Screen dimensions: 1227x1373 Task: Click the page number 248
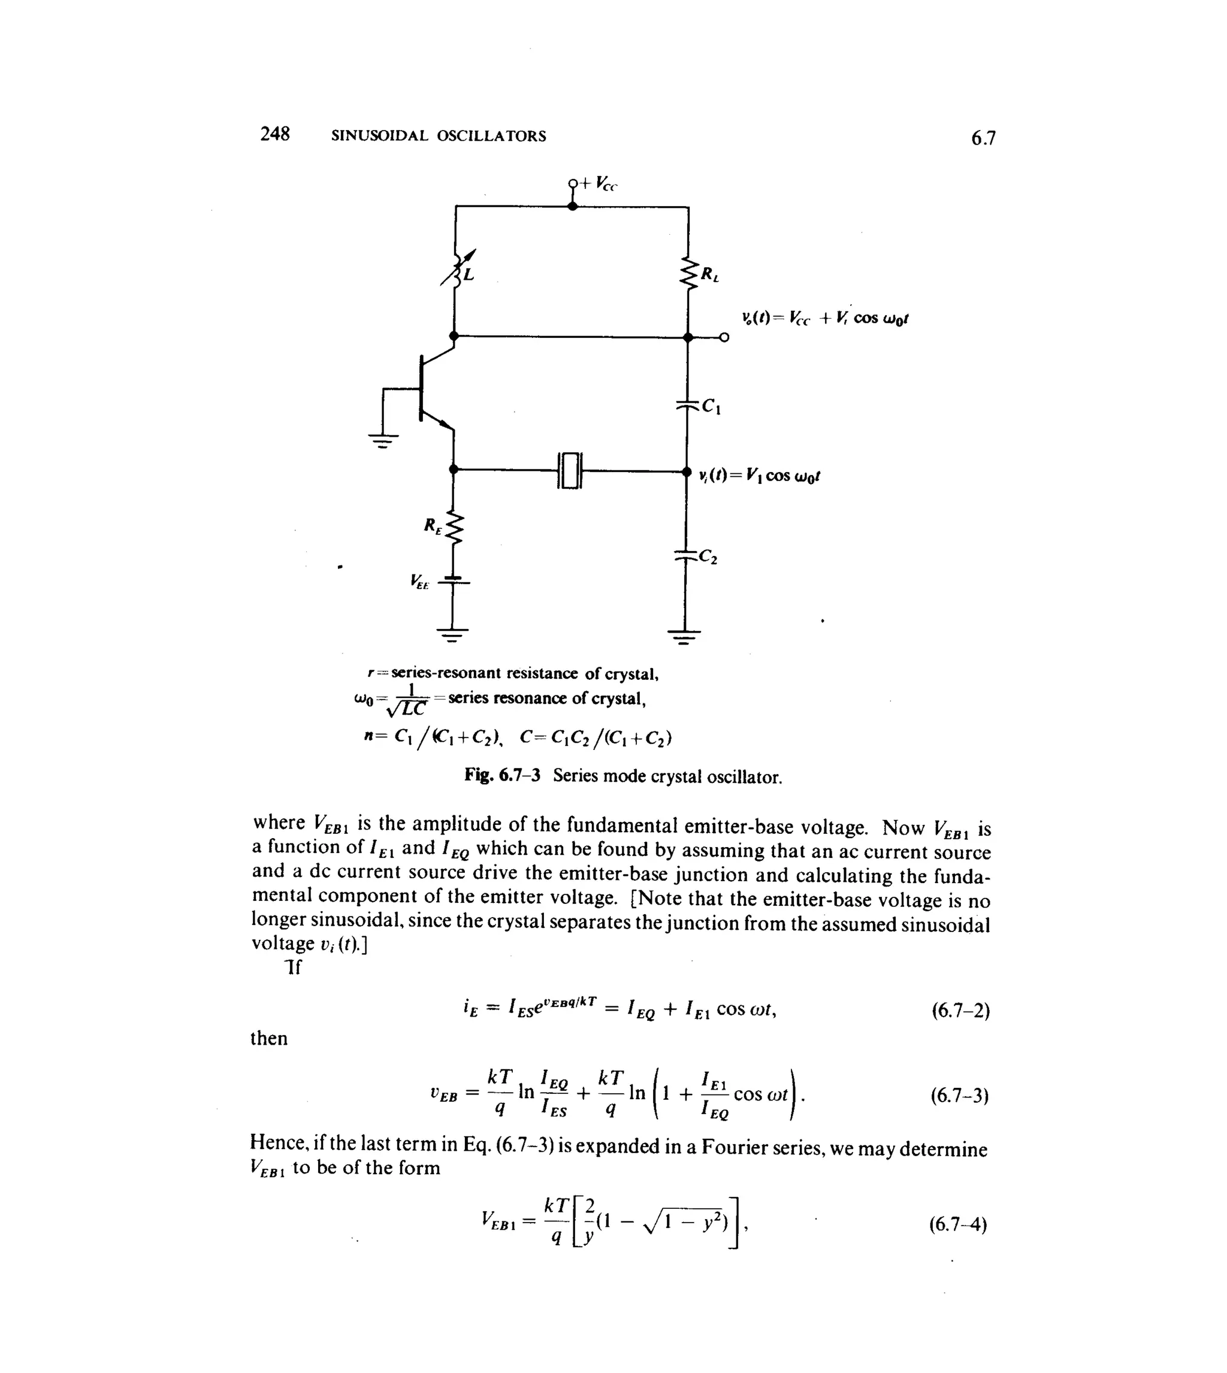coord(275,134)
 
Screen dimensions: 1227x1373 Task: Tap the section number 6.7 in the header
coord(983,138)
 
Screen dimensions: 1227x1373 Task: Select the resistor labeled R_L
coord(689,274)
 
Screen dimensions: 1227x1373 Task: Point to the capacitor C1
coord(688,405)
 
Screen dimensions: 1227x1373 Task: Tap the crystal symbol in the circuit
coord(570,470)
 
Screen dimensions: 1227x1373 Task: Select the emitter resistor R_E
coord(454,528)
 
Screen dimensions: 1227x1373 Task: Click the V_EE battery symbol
coord(453,580)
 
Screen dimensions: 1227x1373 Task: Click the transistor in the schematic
coord(429,389)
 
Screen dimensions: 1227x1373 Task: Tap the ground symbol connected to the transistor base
coord(382,441)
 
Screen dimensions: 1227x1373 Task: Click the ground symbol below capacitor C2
coord(684,635)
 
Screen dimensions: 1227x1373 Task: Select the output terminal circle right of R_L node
coord(724,337)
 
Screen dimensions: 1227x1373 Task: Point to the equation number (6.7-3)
coord(959,1096)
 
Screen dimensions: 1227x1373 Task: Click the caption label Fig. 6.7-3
coord(502,775)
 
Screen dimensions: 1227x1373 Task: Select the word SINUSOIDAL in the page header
coord(380,136)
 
